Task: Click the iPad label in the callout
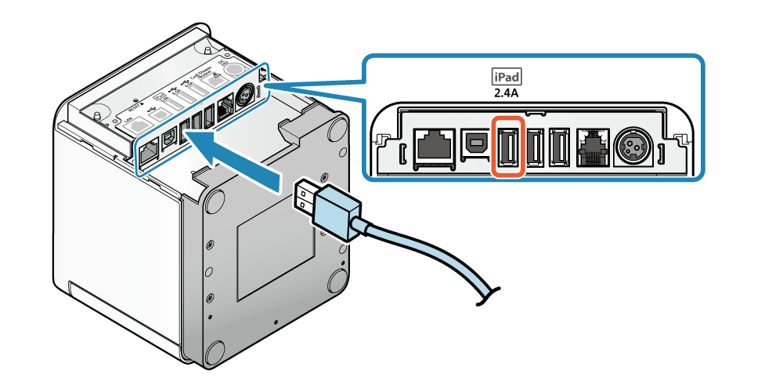coord(506,77)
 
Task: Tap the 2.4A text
coord(506,93)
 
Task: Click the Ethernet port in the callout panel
coord(432,146)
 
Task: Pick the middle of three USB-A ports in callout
coord(536,147)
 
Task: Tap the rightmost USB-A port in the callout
coord(558,147)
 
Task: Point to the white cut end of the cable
coord(494,305)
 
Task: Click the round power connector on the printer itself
coord(243,94)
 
